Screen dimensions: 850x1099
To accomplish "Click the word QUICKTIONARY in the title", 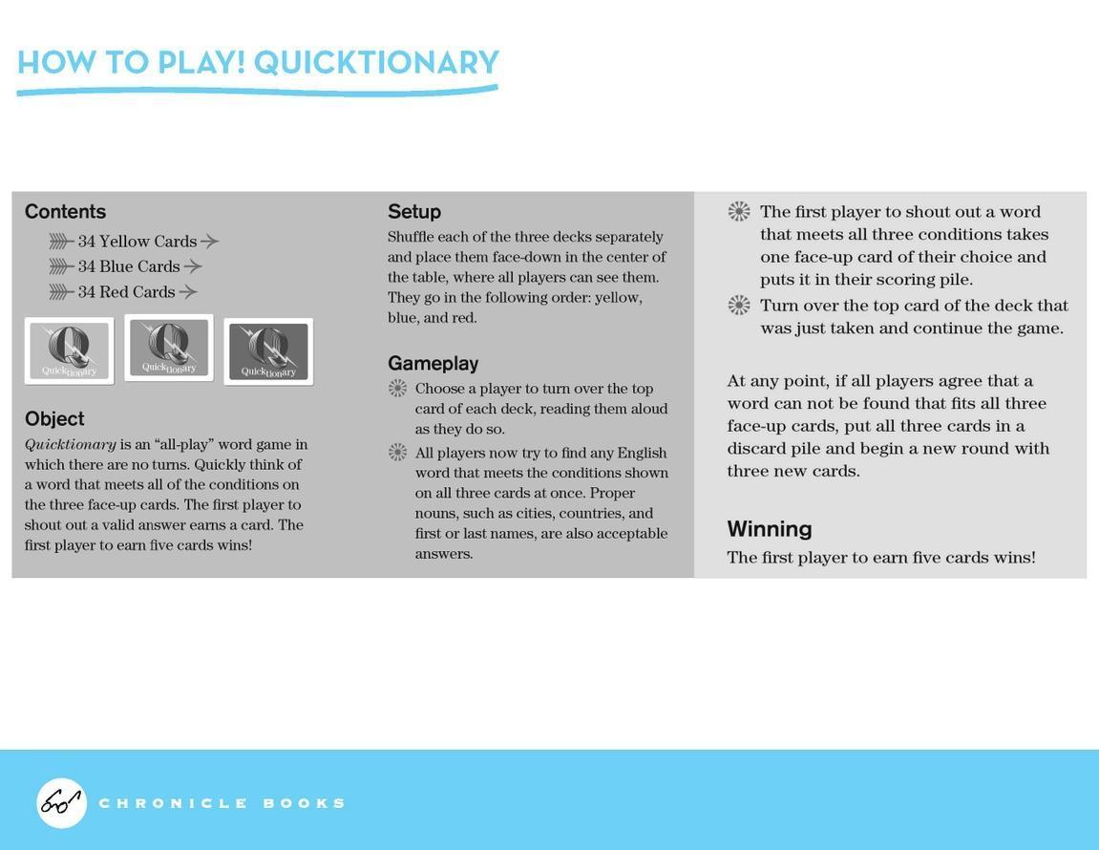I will point(376,62).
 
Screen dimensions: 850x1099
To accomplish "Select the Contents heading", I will point(65,212).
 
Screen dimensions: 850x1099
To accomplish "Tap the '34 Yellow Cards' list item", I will point(137,242).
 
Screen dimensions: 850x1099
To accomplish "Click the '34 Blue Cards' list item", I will point(129,266).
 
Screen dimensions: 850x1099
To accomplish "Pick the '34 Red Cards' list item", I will point(127,292).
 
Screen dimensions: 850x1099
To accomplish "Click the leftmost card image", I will point(69,351).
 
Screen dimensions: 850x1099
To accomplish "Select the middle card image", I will point(169,348).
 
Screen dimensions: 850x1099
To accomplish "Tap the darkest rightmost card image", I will point(268,351).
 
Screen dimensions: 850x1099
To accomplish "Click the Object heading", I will point(54,418).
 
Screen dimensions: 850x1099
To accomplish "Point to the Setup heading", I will point(414,212).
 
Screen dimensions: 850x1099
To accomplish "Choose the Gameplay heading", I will point(433,363).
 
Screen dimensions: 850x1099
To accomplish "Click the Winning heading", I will point(770,529).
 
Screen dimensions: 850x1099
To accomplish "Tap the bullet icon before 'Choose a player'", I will point(398,389).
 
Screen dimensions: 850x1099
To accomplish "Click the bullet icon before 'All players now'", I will point(398,453).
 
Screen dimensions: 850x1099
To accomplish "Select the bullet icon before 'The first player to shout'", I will point(739,212).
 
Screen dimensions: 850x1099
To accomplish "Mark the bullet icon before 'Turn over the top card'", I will point(739,306).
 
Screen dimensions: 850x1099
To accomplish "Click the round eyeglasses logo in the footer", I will point(61,803).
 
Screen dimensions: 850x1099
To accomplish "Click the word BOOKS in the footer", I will point(304,803).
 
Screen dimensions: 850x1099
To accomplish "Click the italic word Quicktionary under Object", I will point(71,445).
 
